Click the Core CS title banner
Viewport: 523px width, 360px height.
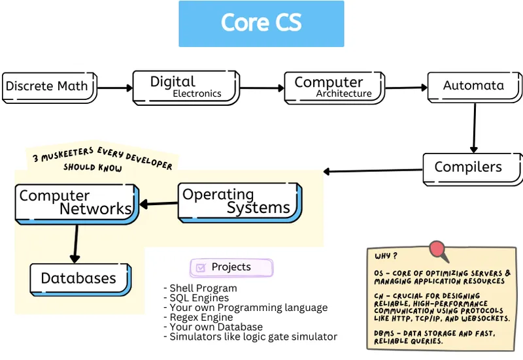tap(261, 24)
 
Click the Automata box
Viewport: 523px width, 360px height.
tap(474, 86)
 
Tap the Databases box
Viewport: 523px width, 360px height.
tap(79, 278)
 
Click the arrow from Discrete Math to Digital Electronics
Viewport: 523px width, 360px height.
tap(114, 87)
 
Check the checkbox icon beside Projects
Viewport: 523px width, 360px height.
tap(201, 267)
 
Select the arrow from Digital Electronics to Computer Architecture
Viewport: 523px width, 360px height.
tap(261, 87)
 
